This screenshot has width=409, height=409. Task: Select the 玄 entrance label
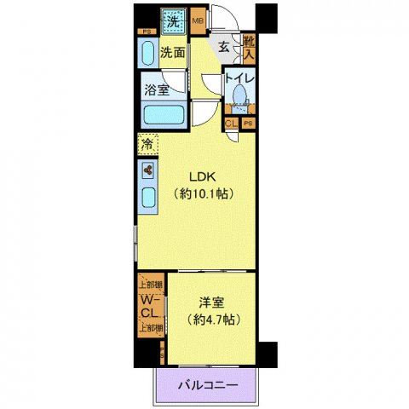tap(222, 47)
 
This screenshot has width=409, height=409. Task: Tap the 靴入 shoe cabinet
tap(248, 48)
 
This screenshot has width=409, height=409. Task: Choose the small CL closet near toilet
tap(231, 123)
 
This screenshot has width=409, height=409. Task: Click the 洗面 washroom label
tap(173, 53)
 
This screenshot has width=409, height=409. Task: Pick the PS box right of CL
tap(247, 123)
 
